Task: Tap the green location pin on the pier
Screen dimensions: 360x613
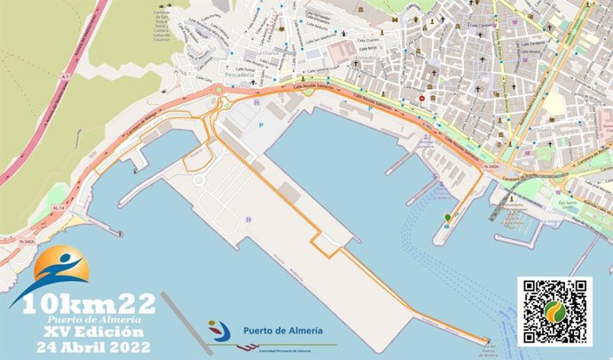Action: coord(447,217)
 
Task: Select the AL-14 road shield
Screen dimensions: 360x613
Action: coord(60,207)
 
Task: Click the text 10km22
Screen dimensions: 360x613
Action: coord(90,303)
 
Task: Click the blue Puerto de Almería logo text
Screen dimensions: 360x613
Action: coord(283,332)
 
